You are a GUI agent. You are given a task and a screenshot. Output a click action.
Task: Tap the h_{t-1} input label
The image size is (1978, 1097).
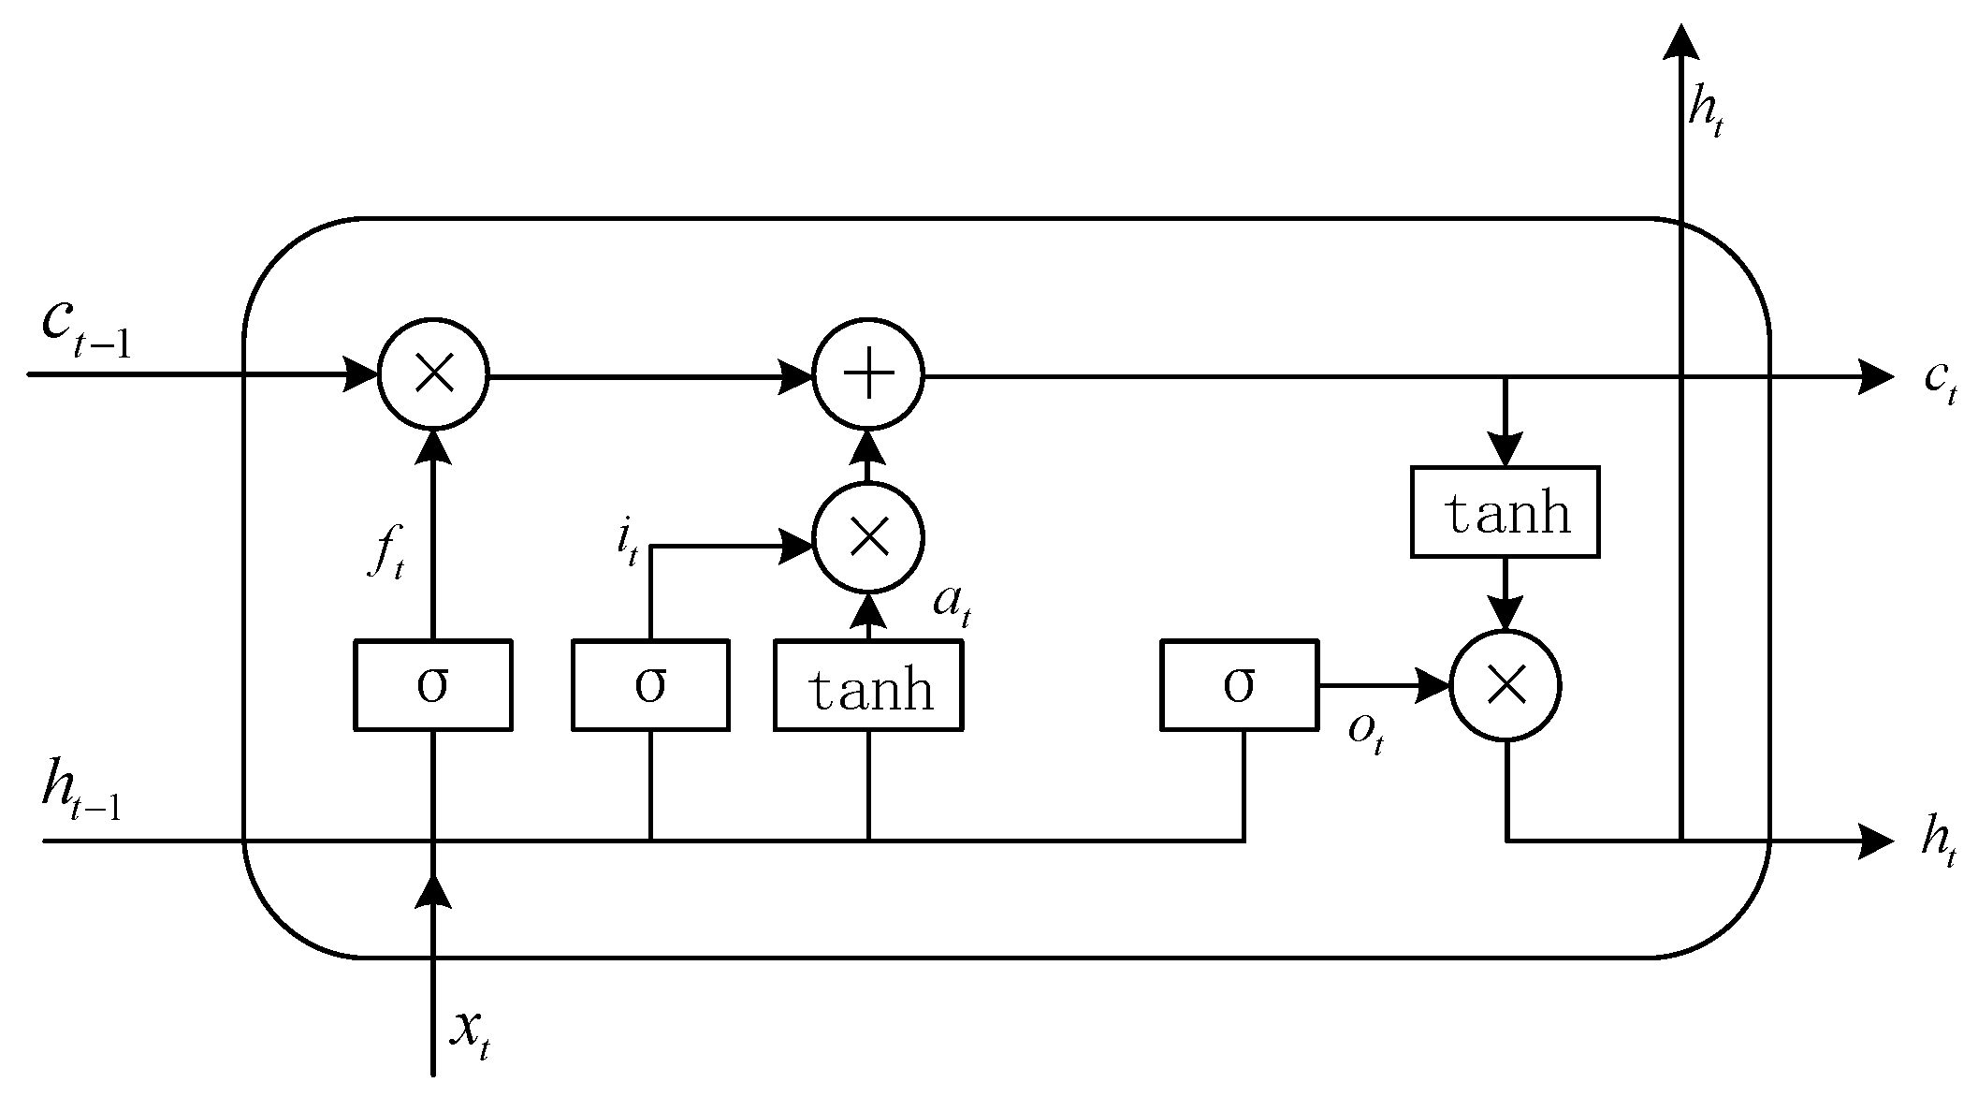pos(81,794)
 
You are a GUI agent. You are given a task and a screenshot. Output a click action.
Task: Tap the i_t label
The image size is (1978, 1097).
pos(627,543)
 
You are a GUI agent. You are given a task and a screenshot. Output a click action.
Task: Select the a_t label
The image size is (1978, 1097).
pos(953,605)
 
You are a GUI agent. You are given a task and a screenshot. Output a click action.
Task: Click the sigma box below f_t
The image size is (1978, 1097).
pos(432,684)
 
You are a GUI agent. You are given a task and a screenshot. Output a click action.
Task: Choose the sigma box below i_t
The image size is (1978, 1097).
pos(650,684)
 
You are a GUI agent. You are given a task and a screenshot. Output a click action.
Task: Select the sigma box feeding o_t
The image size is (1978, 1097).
pos(1239,684)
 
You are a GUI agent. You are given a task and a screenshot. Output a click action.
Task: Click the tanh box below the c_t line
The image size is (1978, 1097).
pos(1505,512)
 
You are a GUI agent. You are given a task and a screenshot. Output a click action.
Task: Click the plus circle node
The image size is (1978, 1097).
pos(868,376)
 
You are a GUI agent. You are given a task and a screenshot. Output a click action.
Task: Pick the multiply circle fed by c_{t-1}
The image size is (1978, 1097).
pos(433,376)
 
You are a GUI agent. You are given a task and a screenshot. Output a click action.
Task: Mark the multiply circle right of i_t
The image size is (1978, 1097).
pos(868,538)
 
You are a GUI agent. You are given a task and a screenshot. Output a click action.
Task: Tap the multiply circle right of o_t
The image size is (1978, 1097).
pos(1505,686)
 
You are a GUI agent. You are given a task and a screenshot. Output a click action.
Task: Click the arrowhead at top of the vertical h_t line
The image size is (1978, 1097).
pos(1681,42)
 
